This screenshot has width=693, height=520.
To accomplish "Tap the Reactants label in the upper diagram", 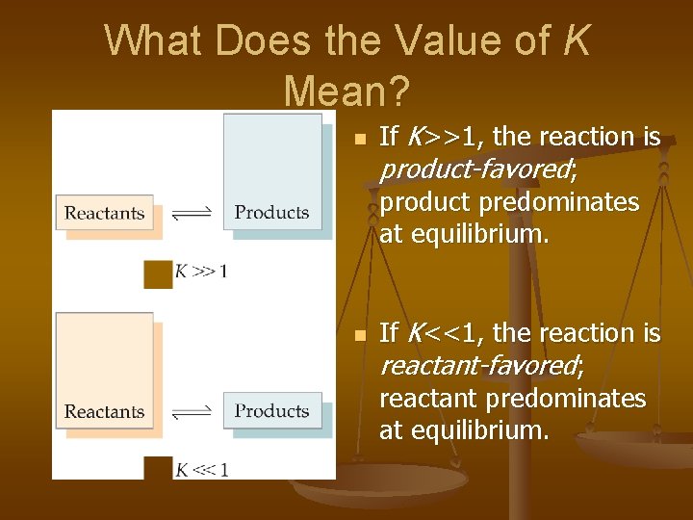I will pos(104,213).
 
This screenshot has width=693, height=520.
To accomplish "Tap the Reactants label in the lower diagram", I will pos(104,411).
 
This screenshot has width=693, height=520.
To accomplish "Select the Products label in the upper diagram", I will pos(271,213).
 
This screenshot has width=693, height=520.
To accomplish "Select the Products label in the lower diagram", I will pos(271,411).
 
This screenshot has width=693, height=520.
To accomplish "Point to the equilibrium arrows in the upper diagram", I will pos(191,214).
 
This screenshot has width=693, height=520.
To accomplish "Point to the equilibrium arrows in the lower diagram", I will pos(191,412).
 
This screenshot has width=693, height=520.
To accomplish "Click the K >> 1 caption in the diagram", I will pos(201,272).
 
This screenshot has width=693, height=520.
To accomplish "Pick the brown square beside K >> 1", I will pos(158,273).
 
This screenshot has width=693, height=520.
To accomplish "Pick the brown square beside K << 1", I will pos(158,469).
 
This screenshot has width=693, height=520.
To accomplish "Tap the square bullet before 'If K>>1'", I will pos(359,140).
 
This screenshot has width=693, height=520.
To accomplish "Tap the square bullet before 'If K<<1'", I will pos(359,336).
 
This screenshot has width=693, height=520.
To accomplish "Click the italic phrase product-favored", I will pos(477,170).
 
